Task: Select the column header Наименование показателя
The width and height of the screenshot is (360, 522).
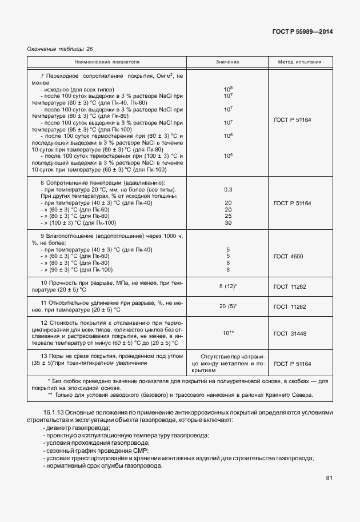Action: click(107, 61)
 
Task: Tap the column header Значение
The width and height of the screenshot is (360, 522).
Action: click(227, 61)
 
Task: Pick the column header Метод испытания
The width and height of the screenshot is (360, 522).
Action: click(299, 61)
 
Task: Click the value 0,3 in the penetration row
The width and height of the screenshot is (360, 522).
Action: click(228, 189)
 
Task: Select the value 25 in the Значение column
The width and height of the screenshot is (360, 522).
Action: click(228, 216)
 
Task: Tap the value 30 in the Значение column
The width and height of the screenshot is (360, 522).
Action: click(228, 223)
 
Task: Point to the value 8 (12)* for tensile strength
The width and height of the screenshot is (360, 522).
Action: click(228, 286)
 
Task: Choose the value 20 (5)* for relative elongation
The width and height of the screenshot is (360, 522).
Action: click(228, 306)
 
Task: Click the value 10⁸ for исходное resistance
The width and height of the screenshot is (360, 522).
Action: click(228, 89)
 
